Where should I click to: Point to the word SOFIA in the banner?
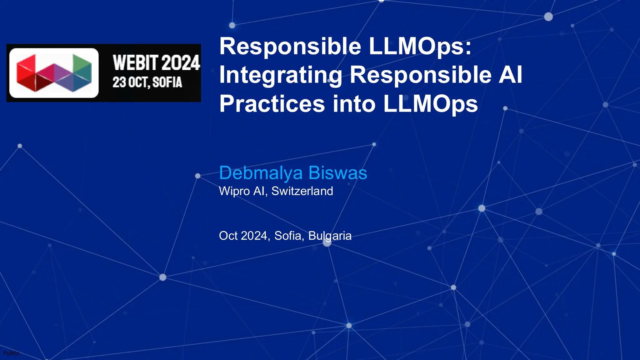pos(167,82)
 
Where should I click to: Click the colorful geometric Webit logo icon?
pos(54,73)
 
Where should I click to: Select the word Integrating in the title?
pos(280,75)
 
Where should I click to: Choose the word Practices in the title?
pos(272,104)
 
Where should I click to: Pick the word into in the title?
pos(354,104)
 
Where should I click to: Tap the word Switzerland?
pos(302,191)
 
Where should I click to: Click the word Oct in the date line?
pos(228,236)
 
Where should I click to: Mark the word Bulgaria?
pos(330,236)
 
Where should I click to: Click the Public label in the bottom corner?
pos(11,353)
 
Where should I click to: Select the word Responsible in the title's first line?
pos(290,46)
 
